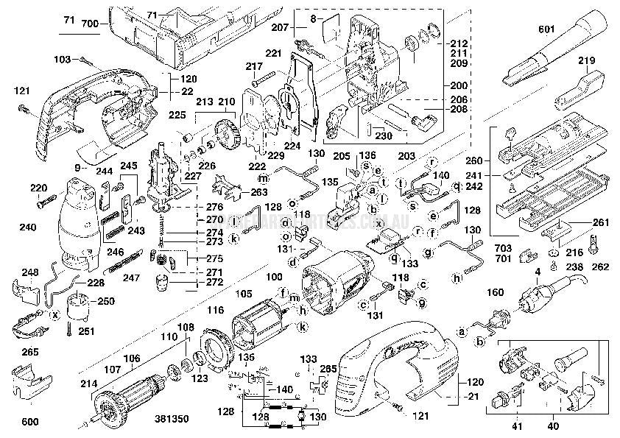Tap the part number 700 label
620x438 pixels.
89,25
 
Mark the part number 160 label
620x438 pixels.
496,292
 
